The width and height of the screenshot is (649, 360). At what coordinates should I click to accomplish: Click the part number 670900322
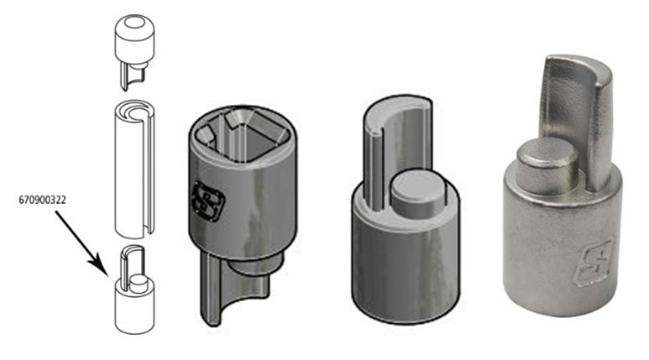(x=42, y=201)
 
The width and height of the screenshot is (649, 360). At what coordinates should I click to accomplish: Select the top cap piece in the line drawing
(x=134, y=53)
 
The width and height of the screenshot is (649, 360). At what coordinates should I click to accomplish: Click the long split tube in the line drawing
(x=134, y=170)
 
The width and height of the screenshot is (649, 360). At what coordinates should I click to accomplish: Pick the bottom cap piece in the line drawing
(x=134, y=290)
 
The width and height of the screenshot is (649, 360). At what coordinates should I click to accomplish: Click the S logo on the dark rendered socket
(x=208, y=201)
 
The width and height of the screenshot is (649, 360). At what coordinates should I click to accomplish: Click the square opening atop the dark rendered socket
(x=242, y=134)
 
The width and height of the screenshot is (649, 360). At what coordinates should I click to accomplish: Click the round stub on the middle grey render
(x=417, y=192)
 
